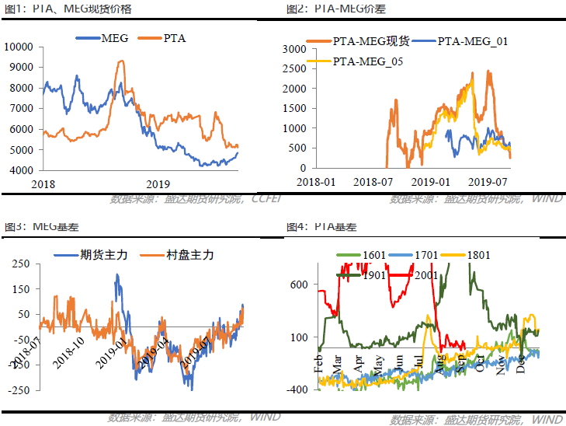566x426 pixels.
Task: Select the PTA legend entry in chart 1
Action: tap(175, 37)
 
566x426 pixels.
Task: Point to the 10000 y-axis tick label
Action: tap(18, 47)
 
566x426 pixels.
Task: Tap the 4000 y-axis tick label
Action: tap(20, 170)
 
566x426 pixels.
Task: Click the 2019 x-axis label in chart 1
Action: tap(158, 183)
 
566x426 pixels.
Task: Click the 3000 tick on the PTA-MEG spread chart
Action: tap(295, 48)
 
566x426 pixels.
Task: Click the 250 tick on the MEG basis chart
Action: tap(21, 264)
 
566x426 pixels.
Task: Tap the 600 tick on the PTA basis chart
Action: tap(300, 285)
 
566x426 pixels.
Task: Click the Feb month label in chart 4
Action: tap(318, 363)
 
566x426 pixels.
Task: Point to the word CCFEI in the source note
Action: tap(267, 199)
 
